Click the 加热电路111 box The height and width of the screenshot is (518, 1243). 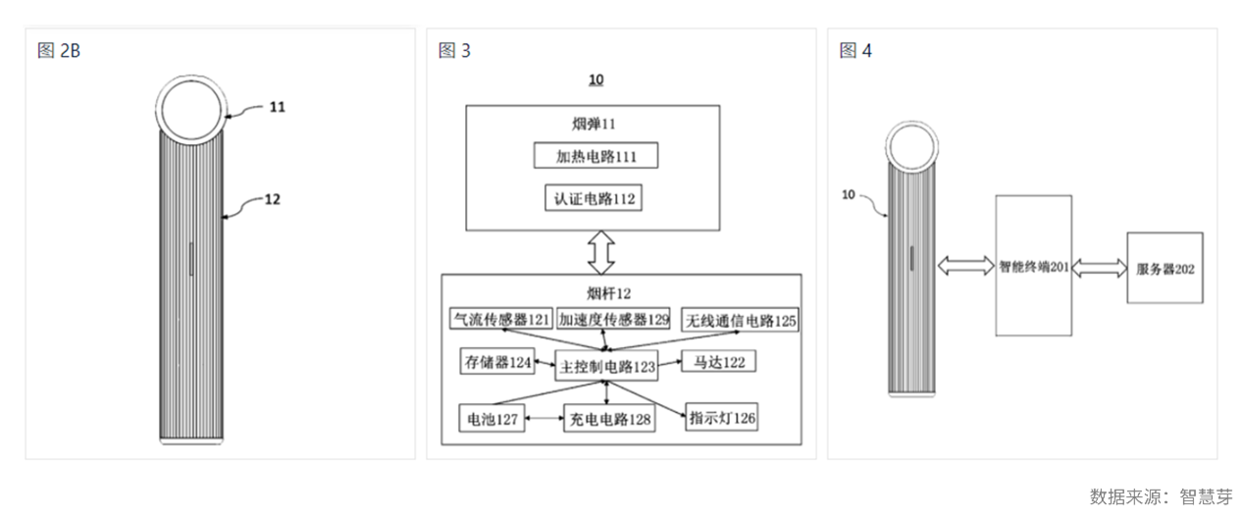click(594, 156)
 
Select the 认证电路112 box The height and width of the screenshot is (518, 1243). click(594, 198)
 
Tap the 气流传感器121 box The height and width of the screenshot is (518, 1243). click(500, 320)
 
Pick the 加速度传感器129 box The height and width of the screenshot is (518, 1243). click(613, 320)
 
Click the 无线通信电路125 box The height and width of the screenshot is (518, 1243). click(740, 320)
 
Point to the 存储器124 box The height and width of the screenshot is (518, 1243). click(496, 362)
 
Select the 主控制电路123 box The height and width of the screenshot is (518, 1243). click(605, 366)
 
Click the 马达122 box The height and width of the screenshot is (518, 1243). click(719, 362)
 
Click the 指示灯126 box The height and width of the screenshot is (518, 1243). click(722, 418)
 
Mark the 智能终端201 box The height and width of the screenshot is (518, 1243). click(1032, 266)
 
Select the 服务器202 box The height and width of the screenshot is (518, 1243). click(1165, 268)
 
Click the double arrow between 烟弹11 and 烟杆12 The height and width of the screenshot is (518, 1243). click(600, 253)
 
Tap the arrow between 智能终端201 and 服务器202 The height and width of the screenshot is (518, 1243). click(1099, 267)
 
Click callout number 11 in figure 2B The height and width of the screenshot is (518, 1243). click(278, 107)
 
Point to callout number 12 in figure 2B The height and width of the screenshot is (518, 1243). click(273, 198)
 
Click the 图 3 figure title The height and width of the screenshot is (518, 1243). click(454, 51)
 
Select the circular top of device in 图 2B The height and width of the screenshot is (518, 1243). click(192, 108)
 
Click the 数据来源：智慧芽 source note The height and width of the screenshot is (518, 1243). click(1160, 496)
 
